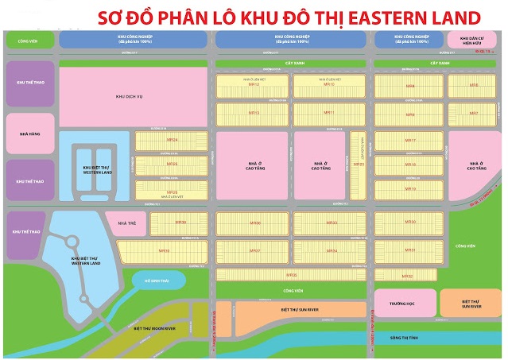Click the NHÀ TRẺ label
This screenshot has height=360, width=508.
126,224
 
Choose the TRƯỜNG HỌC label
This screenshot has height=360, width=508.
406,302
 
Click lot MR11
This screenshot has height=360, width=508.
328,112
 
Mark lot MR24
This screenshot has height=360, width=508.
172,141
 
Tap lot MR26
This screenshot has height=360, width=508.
172,192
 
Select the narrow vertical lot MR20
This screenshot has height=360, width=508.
359,165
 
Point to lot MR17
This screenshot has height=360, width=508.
411,141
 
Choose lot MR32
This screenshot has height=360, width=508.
407,275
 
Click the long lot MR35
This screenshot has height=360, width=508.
292,275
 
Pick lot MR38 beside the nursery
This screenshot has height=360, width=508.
179,223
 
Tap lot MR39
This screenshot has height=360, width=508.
163,250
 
